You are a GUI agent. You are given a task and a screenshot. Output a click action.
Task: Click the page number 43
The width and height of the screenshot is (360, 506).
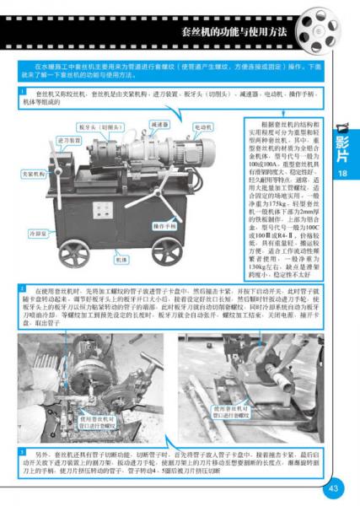click(332, 487)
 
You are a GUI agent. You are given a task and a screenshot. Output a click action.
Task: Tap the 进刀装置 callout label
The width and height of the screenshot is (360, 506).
click(68, 140)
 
